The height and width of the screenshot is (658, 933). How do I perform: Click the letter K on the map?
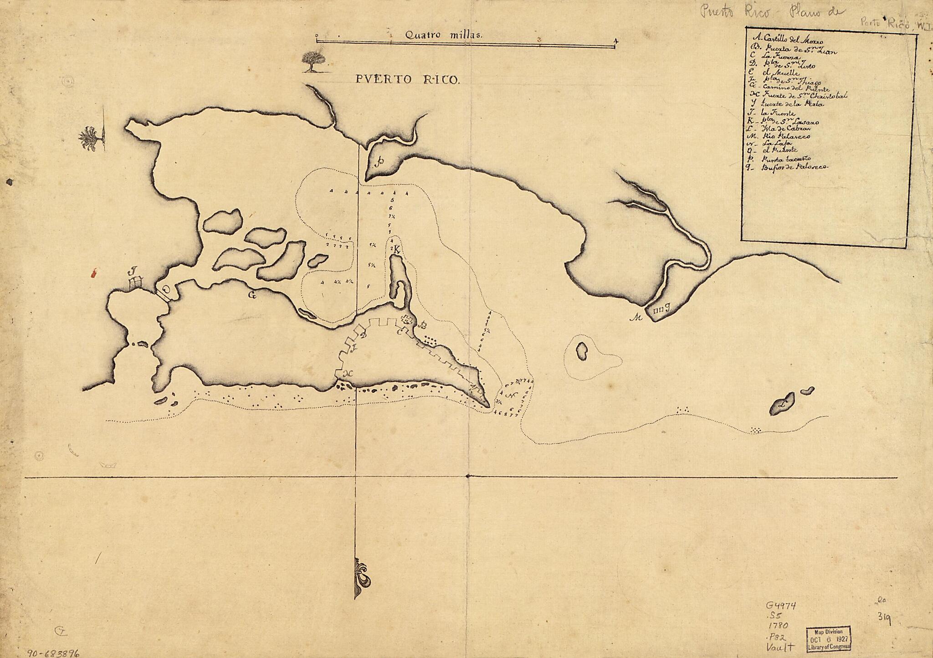397,249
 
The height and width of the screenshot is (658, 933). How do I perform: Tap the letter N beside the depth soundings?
513,395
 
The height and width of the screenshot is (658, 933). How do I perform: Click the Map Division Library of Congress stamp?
829,638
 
